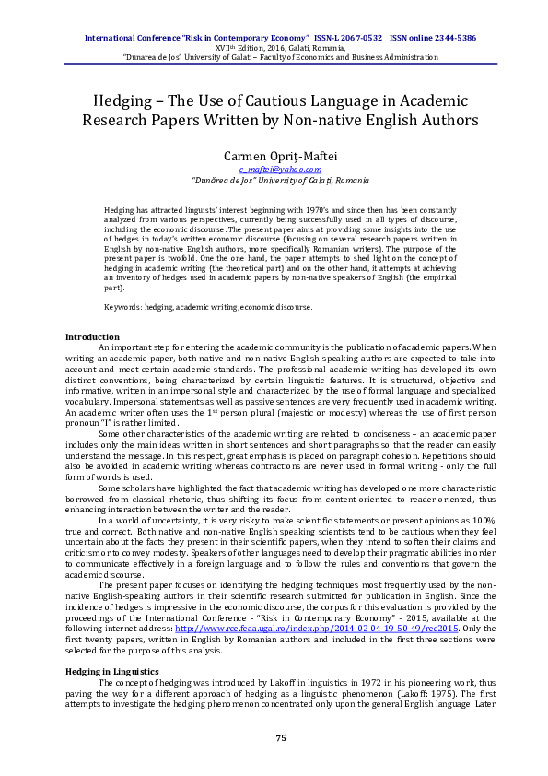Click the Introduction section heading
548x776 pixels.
(x=91, y=336)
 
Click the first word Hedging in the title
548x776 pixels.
(x=126, y=100)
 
